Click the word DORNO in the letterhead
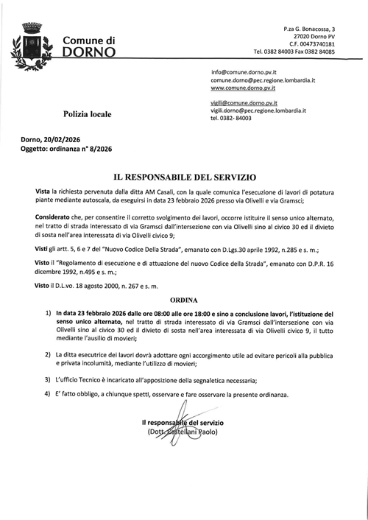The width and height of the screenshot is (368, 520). point(89,53)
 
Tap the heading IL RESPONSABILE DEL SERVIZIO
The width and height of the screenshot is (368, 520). point(183,178)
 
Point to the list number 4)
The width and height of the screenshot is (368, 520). point(48,395)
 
